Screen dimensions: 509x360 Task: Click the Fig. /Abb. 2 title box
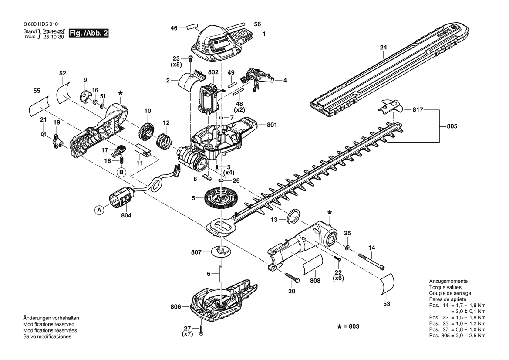(x=89, y=34)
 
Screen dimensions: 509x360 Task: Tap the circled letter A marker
(x=99, y=211)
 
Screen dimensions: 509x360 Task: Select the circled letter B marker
(x=121, y=172)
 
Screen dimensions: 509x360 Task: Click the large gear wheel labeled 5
(x=222, y=199)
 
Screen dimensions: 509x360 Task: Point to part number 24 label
(x=383, y=48)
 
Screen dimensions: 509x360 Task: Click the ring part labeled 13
(x=294, y=217)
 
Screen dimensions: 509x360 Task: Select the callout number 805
(x=452, y=126)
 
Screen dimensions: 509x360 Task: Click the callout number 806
(x=175, y=307)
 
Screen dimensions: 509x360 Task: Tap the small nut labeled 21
(x=43, y=134)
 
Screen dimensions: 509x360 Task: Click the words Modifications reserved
(x=49, y=324)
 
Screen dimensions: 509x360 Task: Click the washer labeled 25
(x=347, y=248)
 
